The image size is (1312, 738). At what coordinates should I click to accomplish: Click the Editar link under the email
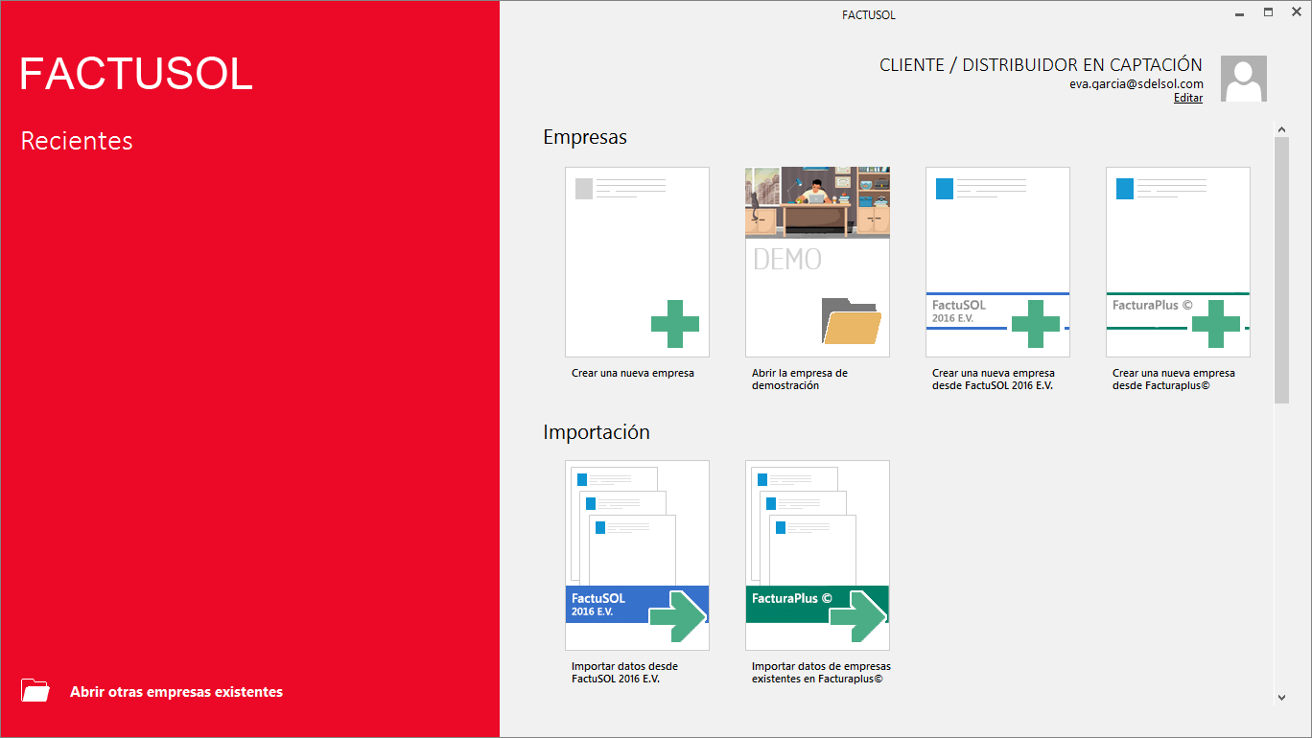tap(1188, 98)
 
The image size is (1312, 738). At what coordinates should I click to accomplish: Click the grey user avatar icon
tap(1244, 79)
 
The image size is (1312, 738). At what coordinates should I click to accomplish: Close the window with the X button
tap(1297, 12)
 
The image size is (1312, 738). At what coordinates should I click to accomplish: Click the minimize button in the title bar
tap(1239, 14)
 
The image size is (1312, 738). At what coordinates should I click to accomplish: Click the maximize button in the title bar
tap(1268, 12)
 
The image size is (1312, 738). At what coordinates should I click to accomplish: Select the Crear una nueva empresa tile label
tap(633, 373)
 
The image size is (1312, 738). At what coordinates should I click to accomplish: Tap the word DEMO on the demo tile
tap(787, 260)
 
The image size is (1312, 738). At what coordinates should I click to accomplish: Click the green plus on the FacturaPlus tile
tap(1216, 324)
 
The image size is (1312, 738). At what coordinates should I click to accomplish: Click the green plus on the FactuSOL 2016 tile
tap(1036, 324)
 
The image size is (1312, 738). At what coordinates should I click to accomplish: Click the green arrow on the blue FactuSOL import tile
tap(678, 616)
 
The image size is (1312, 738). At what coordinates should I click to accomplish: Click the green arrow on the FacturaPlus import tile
tap(858, 616)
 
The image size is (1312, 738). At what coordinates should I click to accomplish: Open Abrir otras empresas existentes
tap(176, 692)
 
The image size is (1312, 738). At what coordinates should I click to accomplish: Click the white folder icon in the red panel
tap(35, 690)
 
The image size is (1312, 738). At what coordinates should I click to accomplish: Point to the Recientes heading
tap(77, 141)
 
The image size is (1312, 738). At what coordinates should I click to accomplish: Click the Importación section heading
tap(597, 432)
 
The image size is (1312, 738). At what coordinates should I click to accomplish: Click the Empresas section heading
tap(585, 137)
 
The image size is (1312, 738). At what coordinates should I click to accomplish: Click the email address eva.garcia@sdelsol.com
tap(1136, 83)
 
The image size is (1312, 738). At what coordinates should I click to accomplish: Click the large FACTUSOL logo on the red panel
tap(136, 74)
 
